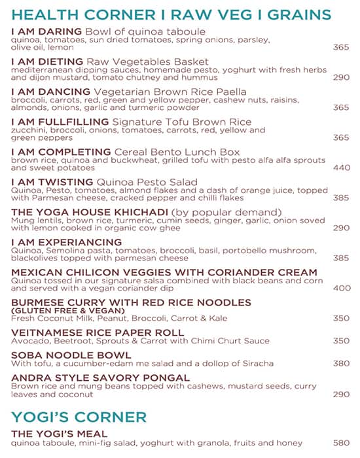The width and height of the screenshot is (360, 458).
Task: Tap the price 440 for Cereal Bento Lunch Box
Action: coord(341,167)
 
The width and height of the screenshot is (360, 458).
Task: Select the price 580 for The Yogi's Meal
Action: coord(341,443)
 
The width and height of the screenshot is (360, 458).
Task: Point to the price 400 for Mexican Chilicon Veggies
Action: coord(341,288)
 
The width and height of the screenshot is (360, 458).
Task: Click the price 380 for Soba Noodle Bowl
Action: coord(341,363)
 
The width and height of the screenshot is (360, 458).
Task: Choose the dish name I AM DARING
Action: coord(46,31)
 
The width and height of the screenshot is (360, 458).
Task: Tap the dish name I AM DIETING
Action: coord(48,62)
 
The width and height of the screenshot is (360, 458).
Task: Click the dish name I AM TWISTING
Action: coord(52,182)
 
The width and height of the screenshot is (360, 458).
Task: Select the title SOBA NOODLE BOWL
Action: coord(62,355)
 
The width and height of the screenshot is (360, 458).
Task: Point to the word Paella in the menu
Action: coord(229,92)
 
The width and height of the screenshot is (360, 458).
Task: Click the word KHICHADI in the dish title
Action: coord(135,212)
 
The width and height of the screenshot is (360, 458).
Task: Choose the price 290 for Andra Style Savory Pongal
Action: coord(341,394)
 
